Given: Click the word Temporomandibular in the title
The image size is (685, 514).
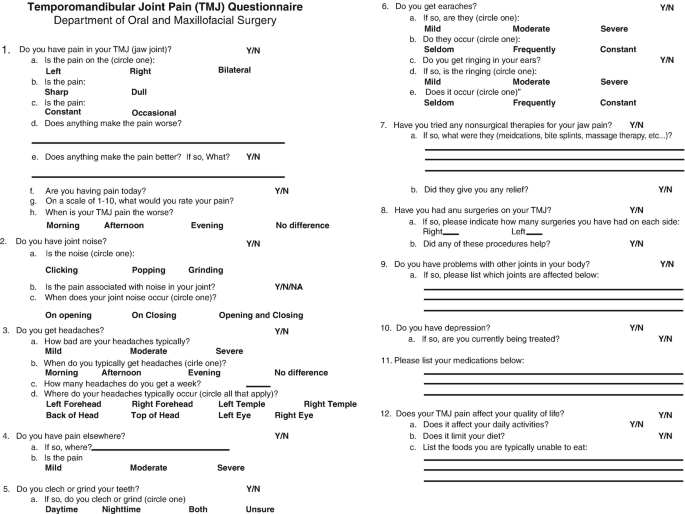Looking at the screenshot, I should tap(97, 7).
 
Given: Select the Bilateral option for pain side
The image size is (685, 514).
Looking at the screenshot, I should tap(234, 70).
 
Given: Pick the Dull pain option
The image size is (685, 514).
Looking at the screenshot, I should tap(139, 91).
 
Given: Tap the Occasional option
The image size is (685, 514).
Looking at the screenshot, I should tap(153, 113).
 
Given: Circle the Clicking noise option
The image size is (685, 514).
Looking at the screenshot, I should tap(61, 270).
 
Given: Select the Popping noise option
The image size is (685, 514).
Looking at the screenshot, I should tap(148, 270).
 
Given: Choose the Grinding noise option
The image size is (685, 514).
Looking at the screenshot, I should tap(206, 270).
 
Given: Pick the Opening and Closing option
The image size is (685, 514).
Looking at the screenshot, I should tap(260, 315).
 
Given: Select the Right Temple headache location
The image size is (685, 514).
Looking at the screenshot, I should tap(329, 403).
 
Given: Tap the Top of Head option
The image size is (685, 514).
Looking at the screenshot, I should tap(155, 415).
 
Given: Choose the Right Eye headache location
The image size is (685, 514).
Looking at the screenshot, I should tap(293, 415).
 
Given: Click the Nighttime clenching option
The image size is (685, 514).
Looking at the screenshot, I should tap(121, 509).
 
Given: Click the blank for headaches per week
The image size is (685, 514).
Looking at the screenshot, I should tap(258, 385).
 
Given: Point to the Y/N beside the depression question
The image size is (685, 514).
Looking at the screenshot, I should tap(636, 328).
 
